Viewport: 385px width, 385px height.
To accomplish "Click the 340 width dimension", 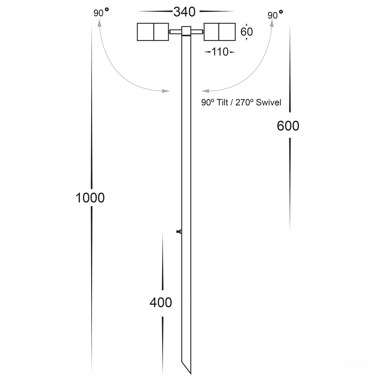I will pyautogui.click(x=184, y=12).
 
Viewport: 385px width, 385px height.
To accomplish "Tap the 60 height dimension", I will pyautogui.click(x=246, y=32).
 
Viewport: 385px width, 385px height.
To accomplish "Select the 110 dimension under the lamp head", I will pyautogui.click(x=220, y=52).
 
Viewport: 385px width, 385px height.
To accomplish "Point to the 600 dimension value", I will pyautogui.click(x=288, y=126).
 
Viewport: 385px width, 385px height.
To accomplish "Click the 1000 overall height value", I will pyautogui.click(x=90, y=198).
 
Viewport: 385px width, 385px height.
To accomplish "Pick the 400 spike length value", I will pyautogui.click(x=161, y=303).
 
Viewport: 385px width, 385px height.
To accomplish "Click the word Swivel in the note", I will pyautogui.click(x=268, y=102).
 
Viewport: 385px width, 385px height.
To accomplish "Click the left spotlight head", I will pyautogui.click(x=153, y=32).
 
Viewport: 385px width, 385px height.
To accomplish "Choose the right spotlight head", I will pyautogui.click(x=220, y=32).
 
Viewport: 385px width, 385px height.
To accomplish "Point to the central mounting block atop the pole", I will pyautogui.click(x=186, y=31).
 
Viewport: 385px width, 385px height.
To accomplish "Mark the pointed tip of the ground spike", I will pyautogui.click(x=190, y=373).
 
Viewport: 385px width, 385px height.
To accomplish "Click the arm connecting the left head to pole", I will pyautogui.click(x=176, y=32).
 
